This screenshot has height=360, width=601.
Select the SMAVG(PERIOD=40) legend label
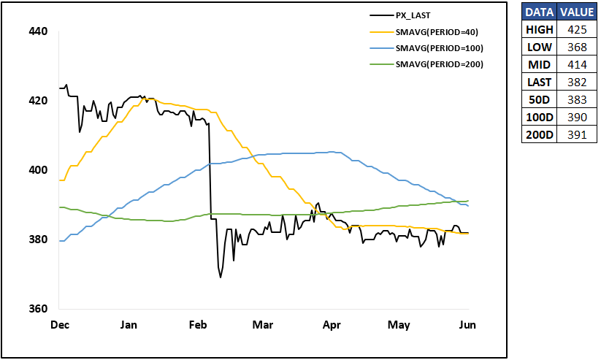(x=437, y=32)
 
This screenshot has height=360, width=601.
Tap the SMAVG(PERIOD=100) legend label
(x=440, y=48)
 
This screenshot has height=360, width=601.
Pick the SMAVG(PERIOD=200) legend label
(x=440, y=64)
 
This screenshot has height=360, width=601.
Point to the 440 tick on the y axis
(x=38, y=31)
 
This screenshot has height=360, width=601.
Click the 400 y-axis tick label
(x=38, y=170)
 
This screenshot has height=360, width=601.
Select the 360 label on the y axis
(x=38, y=309)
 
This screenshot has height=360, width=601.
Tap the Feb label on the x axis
(x=198, y=325)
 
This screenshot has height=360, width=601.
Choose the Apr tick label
(x=332, y=325)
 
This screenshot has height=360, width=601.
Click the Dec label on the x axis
(x=60, y=325)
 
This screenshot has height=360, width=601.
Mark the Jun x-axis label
(x=467, y=325)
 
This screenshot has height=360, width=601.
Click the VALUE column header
(x=577, y=12)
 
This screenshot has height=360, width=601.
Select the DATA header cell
(x=539, y=12)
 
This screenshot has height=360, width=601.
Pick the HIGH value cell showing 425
(x=577, y=30)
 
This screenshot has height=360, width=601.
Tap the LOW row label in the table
(x=539, y=47)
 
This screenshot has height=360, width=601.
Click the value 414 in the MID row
(x=577, y=65)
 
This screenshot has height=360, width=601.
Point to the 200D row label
(x=539, y=134)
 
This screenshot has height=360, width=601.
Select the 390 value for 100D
(x=577, y=118)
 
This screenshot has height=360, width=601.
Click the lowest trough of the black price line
(x=221, y=277)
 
